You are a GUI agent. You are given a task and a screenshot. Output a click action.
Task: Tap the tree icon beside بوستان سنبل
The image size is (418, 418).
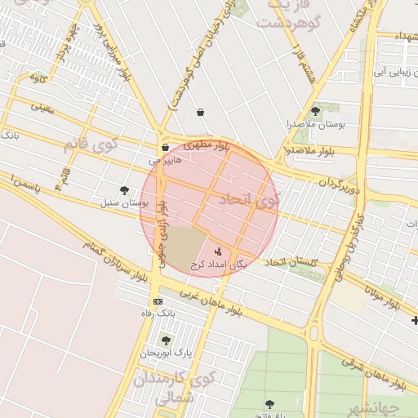(124, 190)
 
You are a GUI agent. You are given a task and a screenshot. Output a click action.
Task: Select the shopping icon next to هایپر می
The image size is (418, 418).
(166, 148)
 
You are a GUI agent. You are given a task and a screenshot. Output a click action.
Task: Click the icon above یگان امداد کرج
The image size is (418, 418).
(217, 251)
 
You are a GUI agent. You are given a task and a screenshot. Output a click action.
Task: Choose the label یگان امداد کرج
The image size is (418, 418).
(218, 265)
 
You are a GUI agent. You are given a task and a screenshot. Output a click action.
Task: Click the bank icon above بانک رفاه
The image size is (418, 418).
(158, 301)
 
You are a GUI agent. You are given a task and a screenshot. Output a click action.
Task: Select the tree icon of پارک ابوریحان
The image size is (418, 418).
(166, 340)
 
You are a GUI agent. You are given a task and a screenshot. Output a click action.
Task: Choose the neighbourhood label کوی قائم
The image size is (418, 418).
(89, 145)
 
